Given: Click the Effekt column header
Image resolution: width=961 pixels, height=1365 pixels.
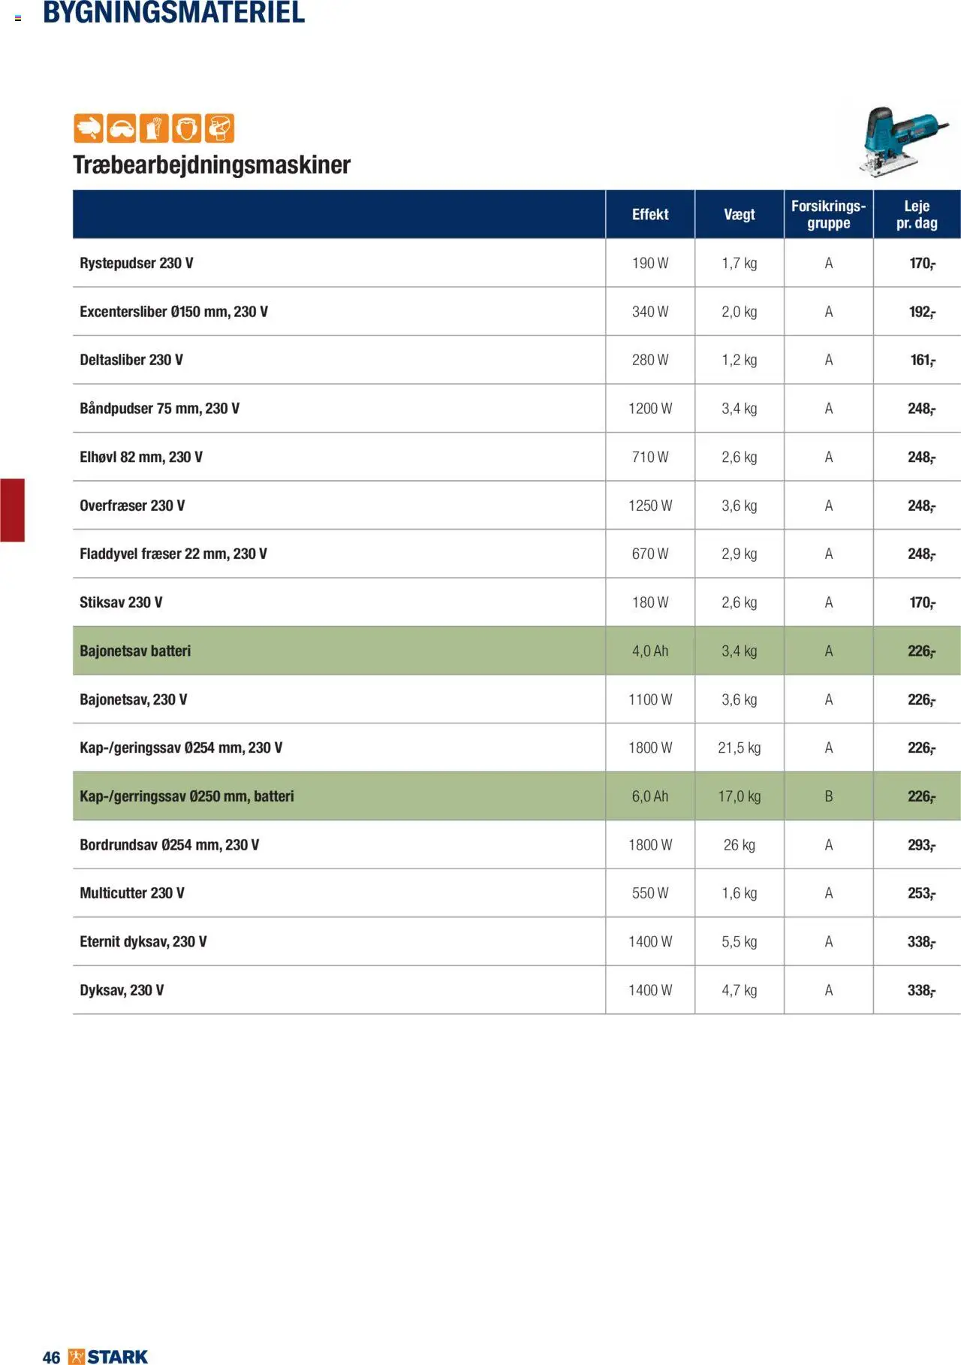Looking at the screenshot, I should click(x=649, y=215).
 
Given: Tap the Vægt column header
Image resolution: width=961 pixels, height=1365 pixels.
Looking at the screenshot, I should click(x=739, y=215).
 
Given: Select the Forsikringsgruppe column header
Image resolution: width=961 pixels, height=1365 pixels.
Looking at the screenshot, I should click(x=828, y=215).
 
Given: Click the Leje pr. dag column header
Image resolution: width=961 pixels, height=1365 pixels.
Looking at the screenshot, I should click(x=917, y=215).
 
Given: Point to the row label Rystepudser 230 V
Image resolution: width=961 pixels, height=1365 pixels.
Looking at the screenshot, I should click(x=137, y=264).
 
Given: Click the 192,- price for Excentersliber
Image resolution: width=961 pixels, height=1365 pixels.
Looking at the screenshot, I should click(x=921, y=312).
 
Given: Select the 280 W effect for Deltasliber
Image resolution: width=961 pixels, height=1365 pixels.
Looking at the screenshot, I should click(x=649, y=361).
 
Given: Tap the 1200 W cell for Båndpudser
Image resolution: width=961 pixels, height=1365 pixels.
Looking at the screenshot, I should click(x=649, y=409).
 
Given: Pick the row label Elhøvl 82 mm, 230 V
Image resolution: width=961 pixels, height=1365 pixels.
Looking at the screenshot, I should click(x=141, y=458).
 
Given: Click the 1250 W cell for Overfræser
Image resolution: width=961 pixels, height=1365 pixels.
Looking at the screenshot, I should click(x=649, y=506).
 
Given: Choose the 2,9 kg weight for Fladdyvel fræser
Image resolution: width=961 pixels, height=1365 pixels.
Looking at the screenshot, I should click(x=739, y=554).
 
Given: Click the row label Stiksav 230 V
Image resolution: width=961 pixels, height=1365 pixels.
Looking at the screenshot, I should click(x=121, y=602).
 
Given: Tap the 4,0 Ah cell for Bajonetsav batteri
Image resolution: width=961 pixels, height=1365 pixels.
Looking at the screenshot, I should click(x=649, y=651).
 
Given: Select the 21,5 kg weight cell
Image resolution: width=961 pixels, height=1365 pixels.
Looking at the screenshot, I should click(x=739, y=748).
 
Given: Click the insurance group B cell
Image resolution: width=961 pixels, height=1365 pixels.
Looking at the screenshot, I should click(x=828, y=796).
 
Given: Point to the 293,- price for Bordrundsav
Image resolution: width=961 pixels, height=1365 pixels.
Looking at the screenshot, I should click(x=921, y=845).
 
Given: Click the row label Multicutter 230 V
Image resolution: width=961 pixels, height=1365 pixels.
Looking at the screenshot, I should click(x=132, y=893).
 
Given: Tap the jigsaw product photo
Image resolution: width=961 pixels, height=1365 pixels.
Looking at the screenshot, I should click(x=900, y=142).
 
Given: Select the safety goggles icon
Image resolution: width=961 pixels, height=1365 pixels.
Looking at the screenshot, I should click(x=121, y=128).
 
